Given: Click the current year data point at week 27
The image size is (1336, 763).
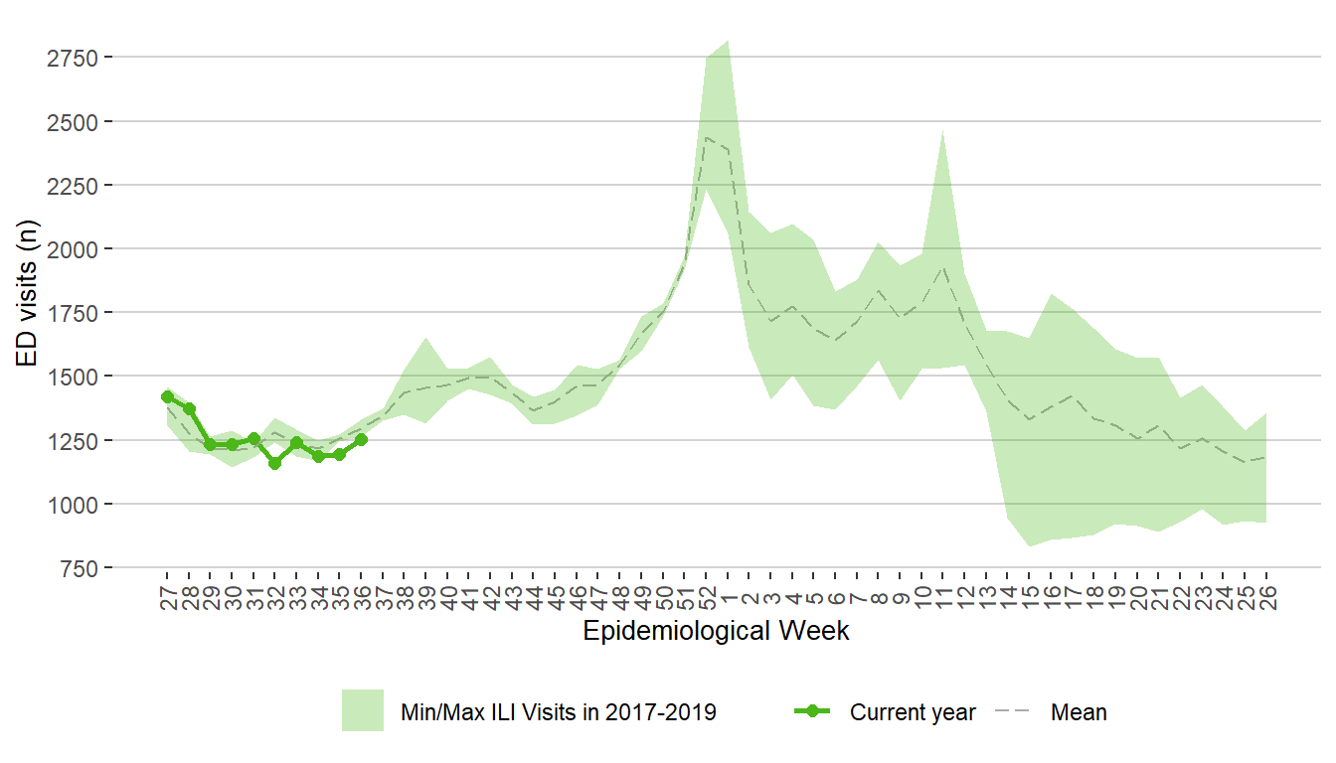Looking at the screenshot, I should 167,397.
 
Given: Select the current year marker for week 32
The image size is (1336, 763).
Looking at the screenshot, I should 275,463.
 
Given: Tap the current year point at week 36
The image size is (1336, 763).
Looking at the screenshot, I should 361,439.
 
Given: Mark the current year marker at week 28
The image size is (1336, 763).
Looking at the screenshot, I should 189,408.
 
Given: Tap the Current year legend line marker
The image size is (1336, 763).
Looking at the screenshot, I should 813,711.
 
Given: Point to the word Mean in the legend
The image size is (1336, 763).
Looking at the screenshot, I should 1079,712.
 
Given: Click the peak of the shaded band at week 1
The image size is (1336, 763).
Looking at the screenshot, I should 729,41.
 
